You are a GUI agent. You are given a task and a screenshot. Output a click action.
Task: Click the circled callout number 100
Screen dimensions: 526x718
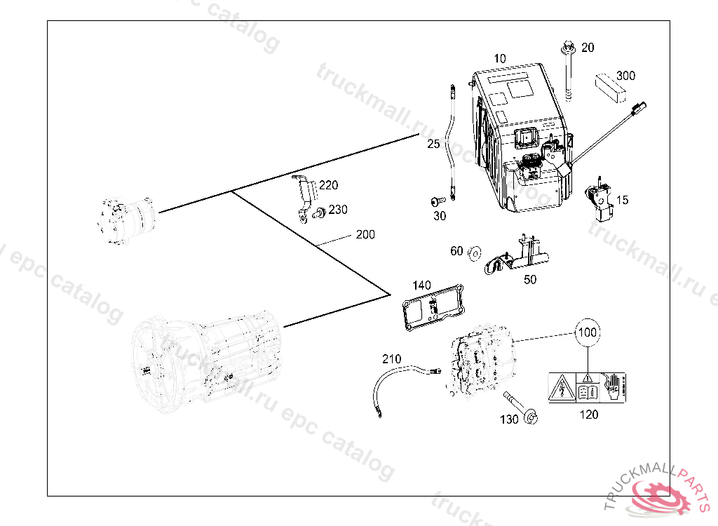click(x=588, y=332)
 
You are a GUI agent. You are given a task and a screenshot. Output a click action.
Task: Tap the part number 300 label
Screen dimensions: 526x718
click(x=625, y=76)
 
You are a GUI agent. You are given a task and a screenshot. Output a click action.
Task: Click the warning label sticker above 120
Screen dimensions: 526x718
click(x=585, y=387)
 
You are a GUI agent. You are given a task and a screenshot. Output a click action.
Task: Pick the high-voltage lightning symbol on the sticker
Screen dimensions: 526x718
click(x=562, y=388)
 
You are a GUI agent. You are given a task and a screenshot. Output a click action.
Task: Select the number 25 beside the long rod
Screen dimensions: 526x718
click(x=433, y=144)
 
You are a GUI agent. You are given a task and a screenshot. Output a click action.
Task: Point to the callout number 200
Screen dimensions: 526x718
click(x=365, y=234)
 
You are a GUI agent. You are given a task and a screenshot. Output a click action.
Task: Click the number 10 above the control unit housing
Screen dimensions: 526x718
click(x=500, y=58)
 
